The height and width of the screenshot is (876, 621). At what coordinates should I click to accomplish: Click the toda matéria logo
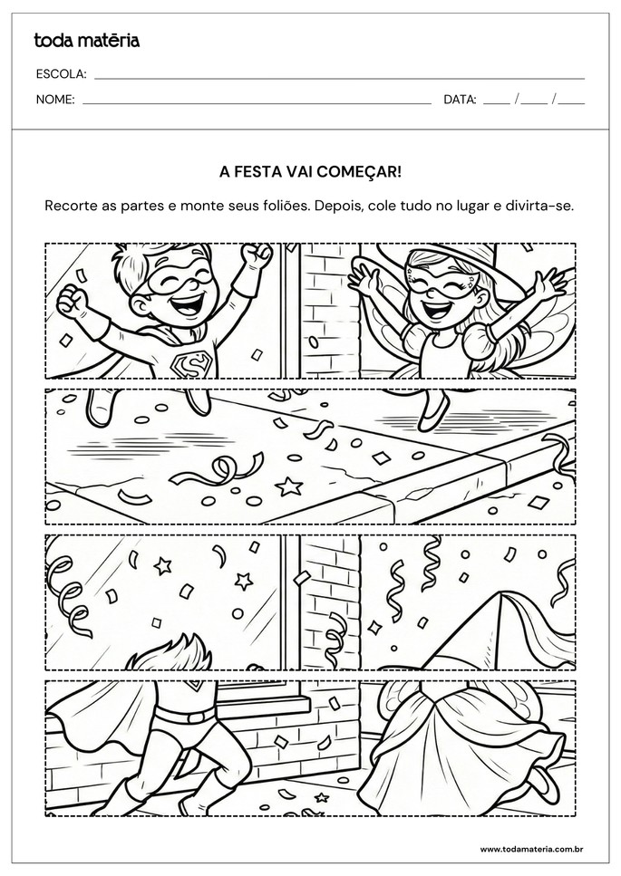coord(87,40)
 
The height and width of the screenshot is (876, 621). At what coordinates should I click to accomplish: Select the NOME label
coord(55,100)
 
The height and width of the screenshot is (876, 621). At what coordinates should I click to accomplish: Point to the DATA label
coord(460,100)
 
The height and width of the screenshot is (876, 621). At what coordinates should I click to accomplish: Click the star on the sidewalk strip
coord(289,486)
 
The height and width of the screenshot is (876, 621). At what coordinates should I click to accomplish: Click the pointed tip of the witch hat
coord(504,595)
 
